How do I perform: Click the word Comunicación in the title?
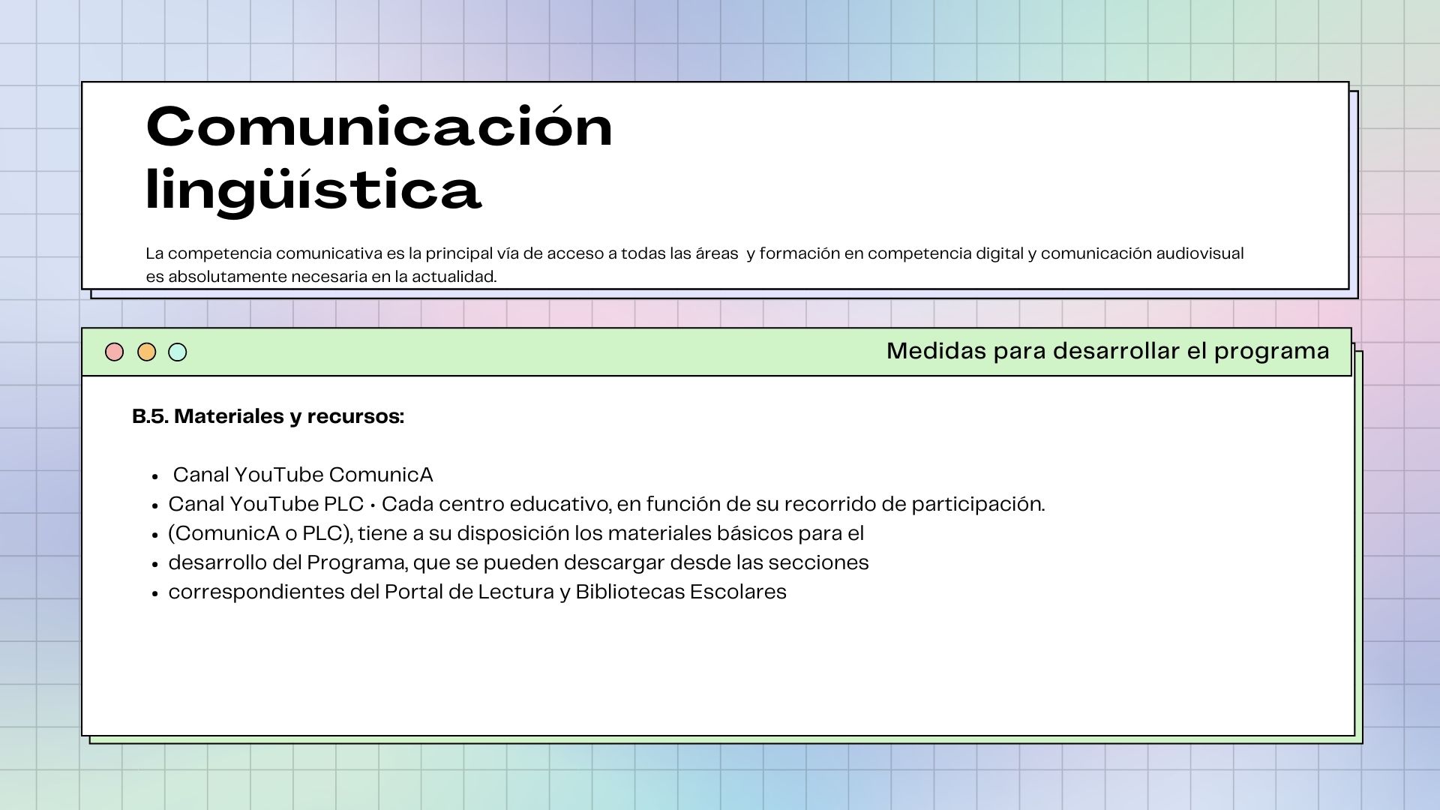point(379,126)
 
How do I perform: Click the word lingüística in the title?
point(313,189)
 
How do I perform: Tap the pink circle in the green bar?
point(114,352)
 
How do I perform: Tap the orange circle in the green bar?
point(147,352)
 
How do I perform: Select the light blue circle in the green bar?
point(178,352)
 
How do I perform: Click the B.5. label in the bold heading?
point(150,416)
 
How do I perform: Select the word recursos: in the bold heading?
point(355,416)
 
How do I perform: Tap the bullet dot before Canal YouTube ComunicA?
point(155,476)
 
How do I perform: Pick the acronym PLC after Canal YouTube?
point(343,504)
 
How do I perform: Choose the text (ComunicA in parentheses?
point(223,533)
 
